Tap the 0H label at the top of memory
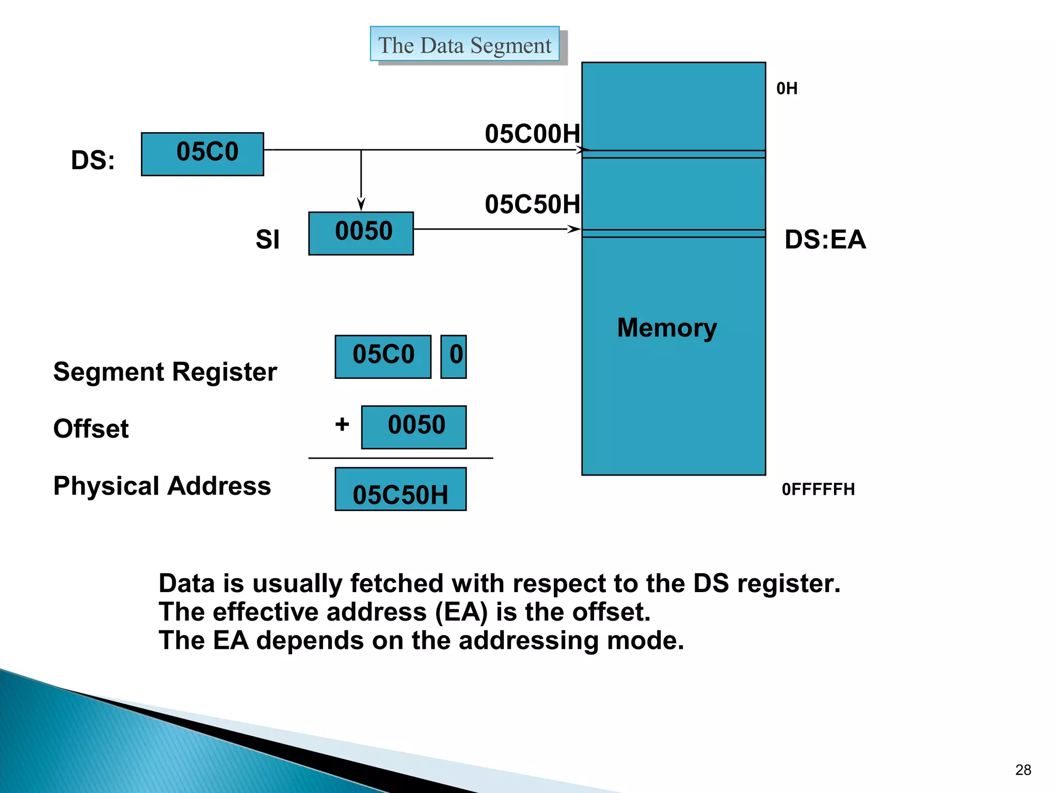pyautogui.click(x=787, y=89)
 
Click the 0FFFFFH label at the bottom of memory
pyautogui.click(x=818, y=489)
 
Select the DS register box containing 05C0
pyautogui.click(x=202, y=154)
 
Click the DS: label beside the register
pyautogui.click(x=93, y=160)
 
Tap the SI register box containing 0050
pyautogui.click(x=361, y=233)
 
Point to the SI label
pyautogui.click(x=267, y=240)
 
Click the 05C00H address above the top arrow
pyautogui.click(x=532, y=134)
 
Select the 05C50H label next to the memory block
pyautogui.click(x=532, y=204)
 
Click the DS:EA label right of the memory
pyautogui.click(x=825, y=240)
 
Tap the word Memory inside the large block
pyautogui.click(x=667, y=328)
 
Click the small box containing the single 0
pyautogui.click(x=454, y=357)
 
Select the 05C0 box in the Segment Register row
pyautogui.click(x=382, y=357)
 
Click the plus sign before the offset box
pyautogui.click(x=342, y=424)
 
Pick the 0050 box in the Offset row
pyautogui.click(x=413, y=427)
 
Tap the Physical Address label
pyautogui.click(x=162, y=486)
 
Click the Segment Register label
pyautogui.click(x=165, y=372)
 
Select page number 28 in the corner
pyautogui.click(x=1023, y=770)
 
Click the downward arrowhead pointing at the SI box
pyautogui.click(x=361, y=204)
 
